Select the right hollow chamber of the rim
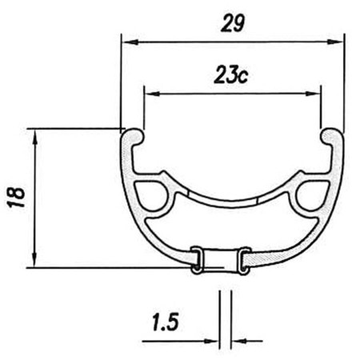pos(310,197)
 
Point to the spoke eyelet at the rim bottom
pos(220,260)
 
